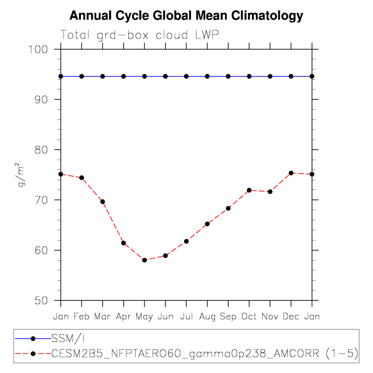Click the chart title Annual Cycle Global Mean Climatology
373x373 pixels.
coord(186,16)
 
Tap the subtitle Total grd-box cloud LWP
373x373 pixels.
coord(140,35)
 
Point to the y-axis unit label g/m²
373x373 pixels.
coord(21,175)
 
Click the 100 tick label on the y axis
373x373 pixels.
coord(38,49)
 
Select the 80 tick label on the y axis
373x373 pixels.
coord(41,150)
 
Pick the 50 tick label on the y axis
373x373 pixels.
coord(41,301)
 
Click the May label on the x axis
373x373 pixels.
coord(144,317)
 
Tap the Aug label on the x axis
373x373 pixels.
coord(207,317)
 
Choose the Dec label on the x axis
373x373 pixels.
coord(290,317)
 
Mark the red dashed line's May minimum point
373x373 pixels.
coord(144,260)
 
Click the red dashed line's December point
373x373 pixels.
coord(291,173)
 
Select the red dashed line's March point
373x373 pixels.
coord(103,202)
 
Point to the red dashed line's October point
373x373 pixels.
coord(249,191)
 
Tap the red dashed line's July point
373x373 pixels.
coord(186,242)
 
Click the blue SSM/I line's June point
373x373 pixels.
coord(166,77)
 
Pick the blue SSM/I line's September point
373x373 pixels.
coord(228,77)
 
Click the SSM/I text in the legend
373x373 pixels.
coord(68,338)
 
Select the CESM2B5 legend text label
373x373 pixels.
coord(205,353)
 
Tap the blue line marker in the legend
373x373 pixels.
coord(33,338)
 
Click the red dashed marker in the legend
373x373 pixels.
coord(33,354)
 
